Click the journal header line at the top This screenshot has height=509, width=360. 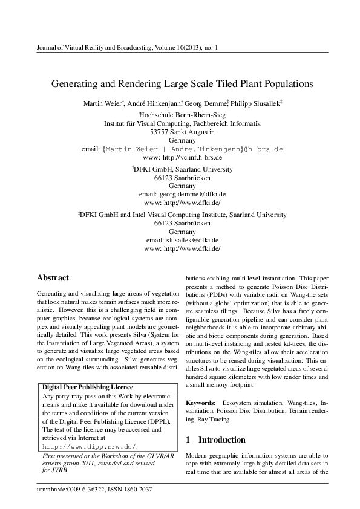123,47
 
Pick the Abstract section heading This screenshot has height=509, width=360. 54,278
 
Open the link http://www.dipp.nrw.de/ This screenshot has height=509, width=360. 91,446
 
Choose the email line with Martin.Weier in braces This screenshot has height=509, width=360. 182,148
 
